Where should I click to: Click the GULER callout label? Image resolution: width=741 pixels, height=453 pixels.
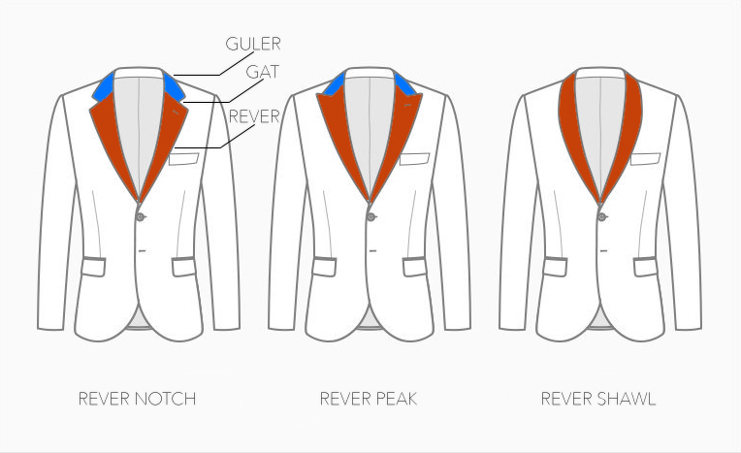tap(253, 44)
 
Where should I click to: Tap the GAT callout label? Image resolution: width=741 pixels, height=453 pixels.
tap(263, 72)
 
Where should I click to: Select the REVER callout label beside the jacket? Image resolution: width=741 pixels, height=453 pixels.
tap(254, 116)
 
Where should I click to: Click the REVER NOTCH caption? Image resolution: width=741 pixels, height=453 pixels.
tap(137, 399)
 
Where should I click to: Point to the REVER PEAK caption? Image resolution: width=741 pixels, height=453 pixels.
tap(369, 399)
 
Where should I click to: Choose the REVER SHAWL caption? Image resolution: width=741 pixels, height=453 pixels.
tap(598, 399)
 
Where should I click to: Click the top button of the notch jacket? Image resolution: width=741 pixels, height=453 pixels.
tap(141, 216)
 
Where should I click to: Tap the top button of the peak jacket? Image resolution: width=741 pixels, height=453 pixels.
tap(371, 216)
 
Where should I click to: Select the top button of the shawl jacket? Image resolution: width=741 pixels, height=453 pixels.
tap(602, 216)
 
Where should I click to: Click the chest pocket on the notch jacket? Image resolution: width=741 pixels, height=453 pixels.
tap(184, 159)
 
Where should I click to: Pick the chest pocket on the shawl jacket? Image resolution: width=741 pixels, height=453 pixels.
tap(646, 159)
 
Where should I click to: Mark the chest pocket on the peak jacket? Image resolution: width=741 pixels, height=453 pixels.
tap(414, 159)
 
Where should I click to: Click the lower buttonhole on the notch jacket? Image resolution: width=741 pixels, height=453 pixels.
tap(143, 250)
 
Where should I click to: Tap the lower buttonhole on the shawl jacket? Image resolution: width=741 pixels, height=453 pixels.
tap(604, 250)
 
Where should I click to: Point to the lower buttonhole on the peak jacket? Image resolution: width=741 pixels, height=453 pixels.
tap(372, 250)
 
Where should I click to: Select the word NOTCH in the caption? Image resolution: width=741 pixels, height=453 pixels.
tap(166, 399)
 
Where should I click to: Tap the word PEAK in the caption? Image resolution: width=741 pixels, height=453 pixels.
tap(397, 399)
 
